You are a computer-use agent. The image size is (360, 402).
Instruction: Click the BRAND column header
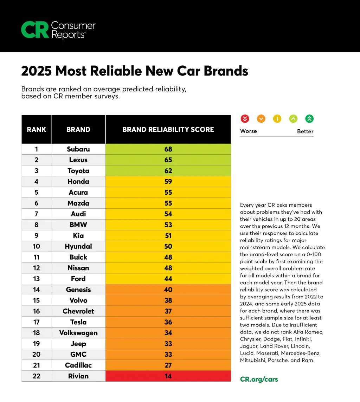click(x=78, y=129)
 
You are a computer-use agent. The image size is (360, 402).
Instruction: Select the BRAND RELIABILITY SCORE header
click(x=168, y=129)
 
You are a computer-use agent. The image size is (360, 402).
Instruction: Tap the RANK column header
click(x=36, y=129)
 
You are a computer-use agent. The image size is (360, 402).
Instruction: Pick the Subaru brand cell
click(x=78, y=149)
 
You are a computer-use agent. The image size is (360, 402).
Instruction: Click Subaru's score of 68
click(x=168, y=149)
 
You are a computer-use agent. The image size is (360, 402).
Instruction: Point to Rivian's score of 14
click(x=168, y=376)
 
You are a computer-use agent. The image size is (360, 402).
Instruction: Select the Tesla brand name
click(x=78, y=322)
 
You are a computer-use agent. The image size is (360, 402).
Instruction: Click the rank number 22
click(x=36, y=376)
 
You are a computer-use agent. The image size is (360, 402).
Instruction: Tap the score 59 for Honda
click(x=168, y=181)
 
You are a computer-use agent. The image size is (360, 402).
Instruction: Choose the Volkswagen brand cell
click(x=78, y=333)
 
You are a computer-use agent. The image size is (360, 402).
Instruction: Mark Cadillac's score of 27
click(x=168, y=365)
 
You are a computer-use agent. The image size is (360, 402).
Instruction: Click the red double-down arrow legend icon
click(x=245, y=119)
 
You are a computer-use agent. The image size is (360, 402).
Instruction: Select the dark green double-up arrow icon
click(x=309, y=119)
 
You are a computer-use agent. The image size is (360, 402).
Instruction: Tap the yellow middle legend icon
click(x=277, y=119)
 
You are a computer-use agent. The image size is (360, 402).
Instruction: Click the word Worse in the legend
click(x=248, y=131)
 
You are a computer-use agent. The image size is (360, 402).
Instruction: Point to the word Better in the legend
click(x=305, y=131)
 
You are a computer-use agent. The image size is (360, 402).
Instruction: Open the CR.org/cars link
click(x=259, y=379)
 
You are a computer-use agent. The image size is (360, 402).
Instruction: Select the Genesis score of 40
click(x=168, y=290)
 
